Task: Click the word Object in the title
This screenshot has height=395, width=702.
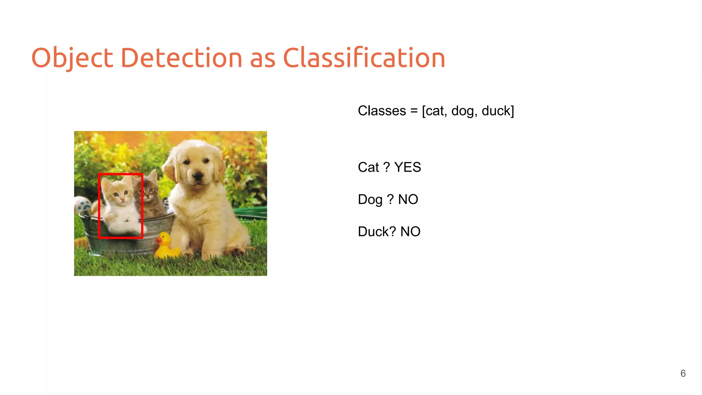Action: tap(72, 58)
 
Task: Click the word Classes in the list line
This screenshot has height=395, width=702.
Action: tap(382, 111)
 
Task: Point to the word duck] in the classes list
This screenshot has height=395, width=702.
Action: tap(498, 111)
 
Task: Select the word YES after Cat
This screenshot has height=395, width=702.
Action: tap(408, 167)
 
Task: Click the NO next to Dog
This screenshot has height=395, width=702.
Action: tap(408, 199)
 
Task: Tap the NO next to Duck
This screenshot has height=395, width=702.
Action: tap(410, 231)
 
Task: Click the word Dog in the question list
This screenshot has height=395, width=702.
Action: tap(370, 200)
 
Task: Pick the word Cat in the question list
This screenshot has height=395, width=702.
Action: tap(368, 167)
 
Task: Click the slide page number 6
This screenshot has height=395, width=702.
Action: tap(683, 373)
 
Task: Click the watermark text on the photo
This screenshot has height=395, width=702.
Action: tap(239, 271)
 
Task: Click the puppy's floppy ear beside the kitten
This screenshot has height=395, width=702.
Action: tap(170, 168)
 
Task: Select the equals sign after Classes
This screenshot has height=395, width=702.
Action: tap(414, 111)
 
